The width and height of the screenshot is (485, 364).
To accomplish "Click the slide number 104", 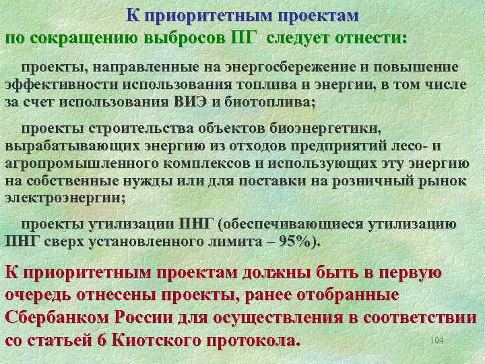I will pyautogui.click(x=436, y=341).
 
